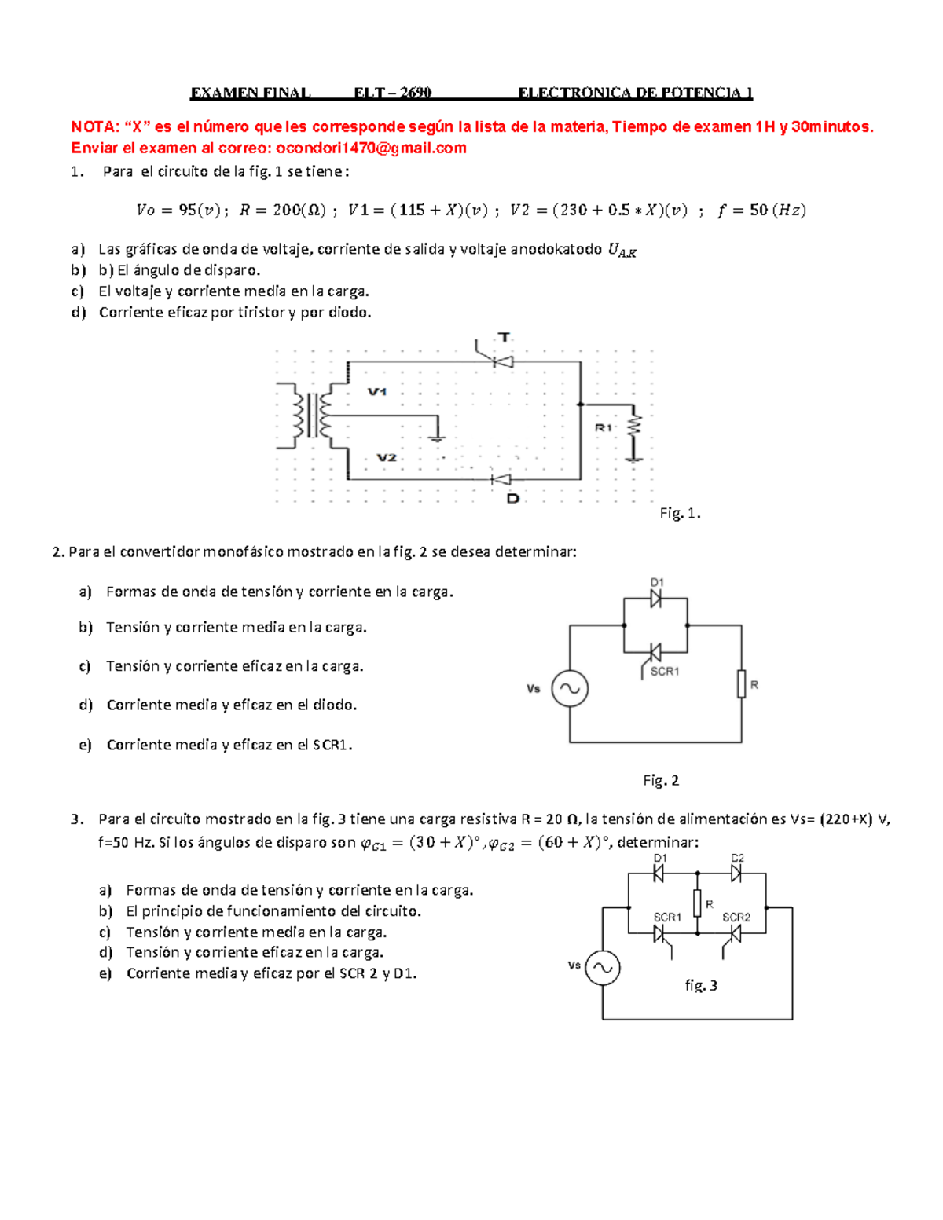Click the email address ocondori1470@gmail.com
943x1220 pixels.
pyautogui.click(x=371, y=148)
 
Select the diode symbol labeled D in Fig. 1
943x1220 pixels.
pyautogui.click(x=501, y=479)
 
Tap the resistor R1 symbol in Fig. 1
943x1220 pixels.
pyautogui.click(x=633, y=428)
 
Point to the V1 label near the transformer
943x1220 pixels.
pyautogui.click(x=377, y=391)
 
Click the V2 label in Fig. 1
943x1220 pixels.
pyautogui.click(x=386, y=457)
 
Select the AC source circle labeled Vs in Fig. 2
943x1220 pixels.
pyautogui.click(x=570, y=689)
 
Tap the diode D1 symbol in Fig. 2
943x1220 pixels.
pyautogui.click(x=655, y=599)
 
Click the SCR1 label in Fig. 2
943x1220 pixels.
pyautogui.click(x=665, y=672)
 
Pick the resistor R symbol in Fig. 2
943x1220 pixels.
pyautogui.click(x=741, y=683)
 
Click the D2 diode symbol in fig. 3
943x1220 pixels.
pyautogui.click(x=736, y=873)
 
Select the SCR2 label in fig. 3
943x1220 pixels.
pyautogui.click(x=736, y=917)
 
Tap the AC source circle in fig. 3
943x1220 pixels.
pyautogui.click(x=603, y=968)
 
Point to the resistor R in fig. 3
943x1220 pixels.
pyautogui.click(x=697, y=903)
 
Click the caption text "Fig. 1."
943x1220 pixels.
pyautogui.click(x=680, y=514)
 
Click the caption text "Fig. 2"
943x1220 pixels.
pyautogui.click(x=660, y=780)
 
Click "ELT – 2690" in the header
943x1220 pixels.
pyautogui.click(x=392, y=93)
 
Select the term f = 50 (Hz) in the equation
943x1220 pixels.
pyautogui.click(x=761, y=210)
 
